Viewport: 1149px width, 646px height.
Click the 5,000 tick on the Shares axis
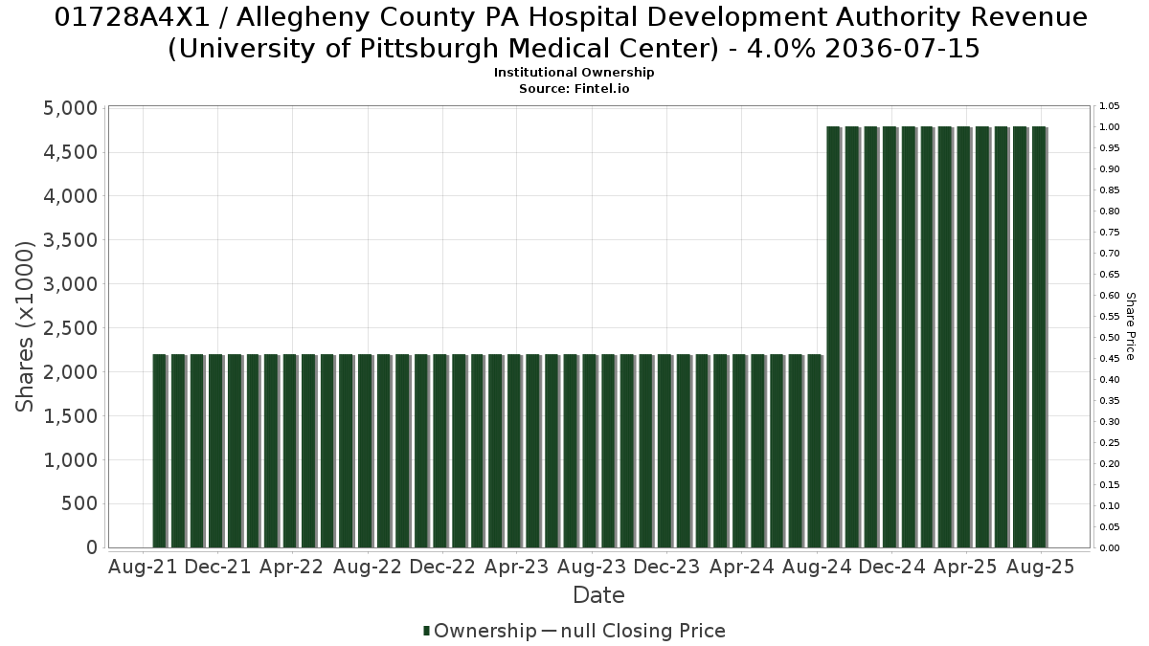click(70, 108)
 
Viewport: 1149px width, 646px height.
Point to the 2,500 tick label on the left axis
click(70, 328)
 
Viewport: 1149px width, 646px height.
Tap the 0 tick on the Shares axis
click(92, 547)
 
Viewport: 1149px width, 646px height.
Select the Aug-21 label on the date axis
click(143, 567)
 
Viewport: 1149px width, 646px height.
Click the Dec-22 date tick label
click(442, 567)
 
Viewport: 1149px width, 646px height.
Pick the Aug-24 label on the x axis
click(817, 567)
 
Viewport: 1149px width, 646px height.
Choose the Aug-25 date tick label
click(1041, 567)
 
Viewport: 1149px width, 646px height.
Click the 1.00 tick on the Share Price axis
click(1109, 127)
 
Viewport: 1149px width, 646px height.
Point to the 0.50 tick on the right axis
click(1109, 337)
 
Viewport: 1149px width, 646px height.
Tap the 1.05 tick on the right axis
click(1109, 106)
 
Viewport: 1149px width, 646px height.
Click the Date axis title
click(598, 595)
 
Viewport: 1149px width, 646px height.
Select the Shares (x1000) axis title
click(24, 326)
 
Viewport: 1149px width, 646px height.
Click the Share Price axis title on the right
click(1131, 326)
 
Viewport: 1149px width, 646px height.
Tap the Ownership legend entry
click(480, 631)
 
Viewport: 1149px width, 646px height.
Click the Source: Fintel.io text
click(574, 89)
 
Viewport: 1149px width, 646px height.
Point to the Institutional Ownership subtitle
click(574, 73)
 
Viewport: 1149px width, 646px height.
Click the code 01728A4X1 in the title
click(132, 18)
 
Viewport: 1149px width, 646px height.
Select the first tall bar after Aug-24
click(834, 337)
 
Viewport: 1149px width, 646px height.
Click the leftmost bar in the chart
click(160, 451)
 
